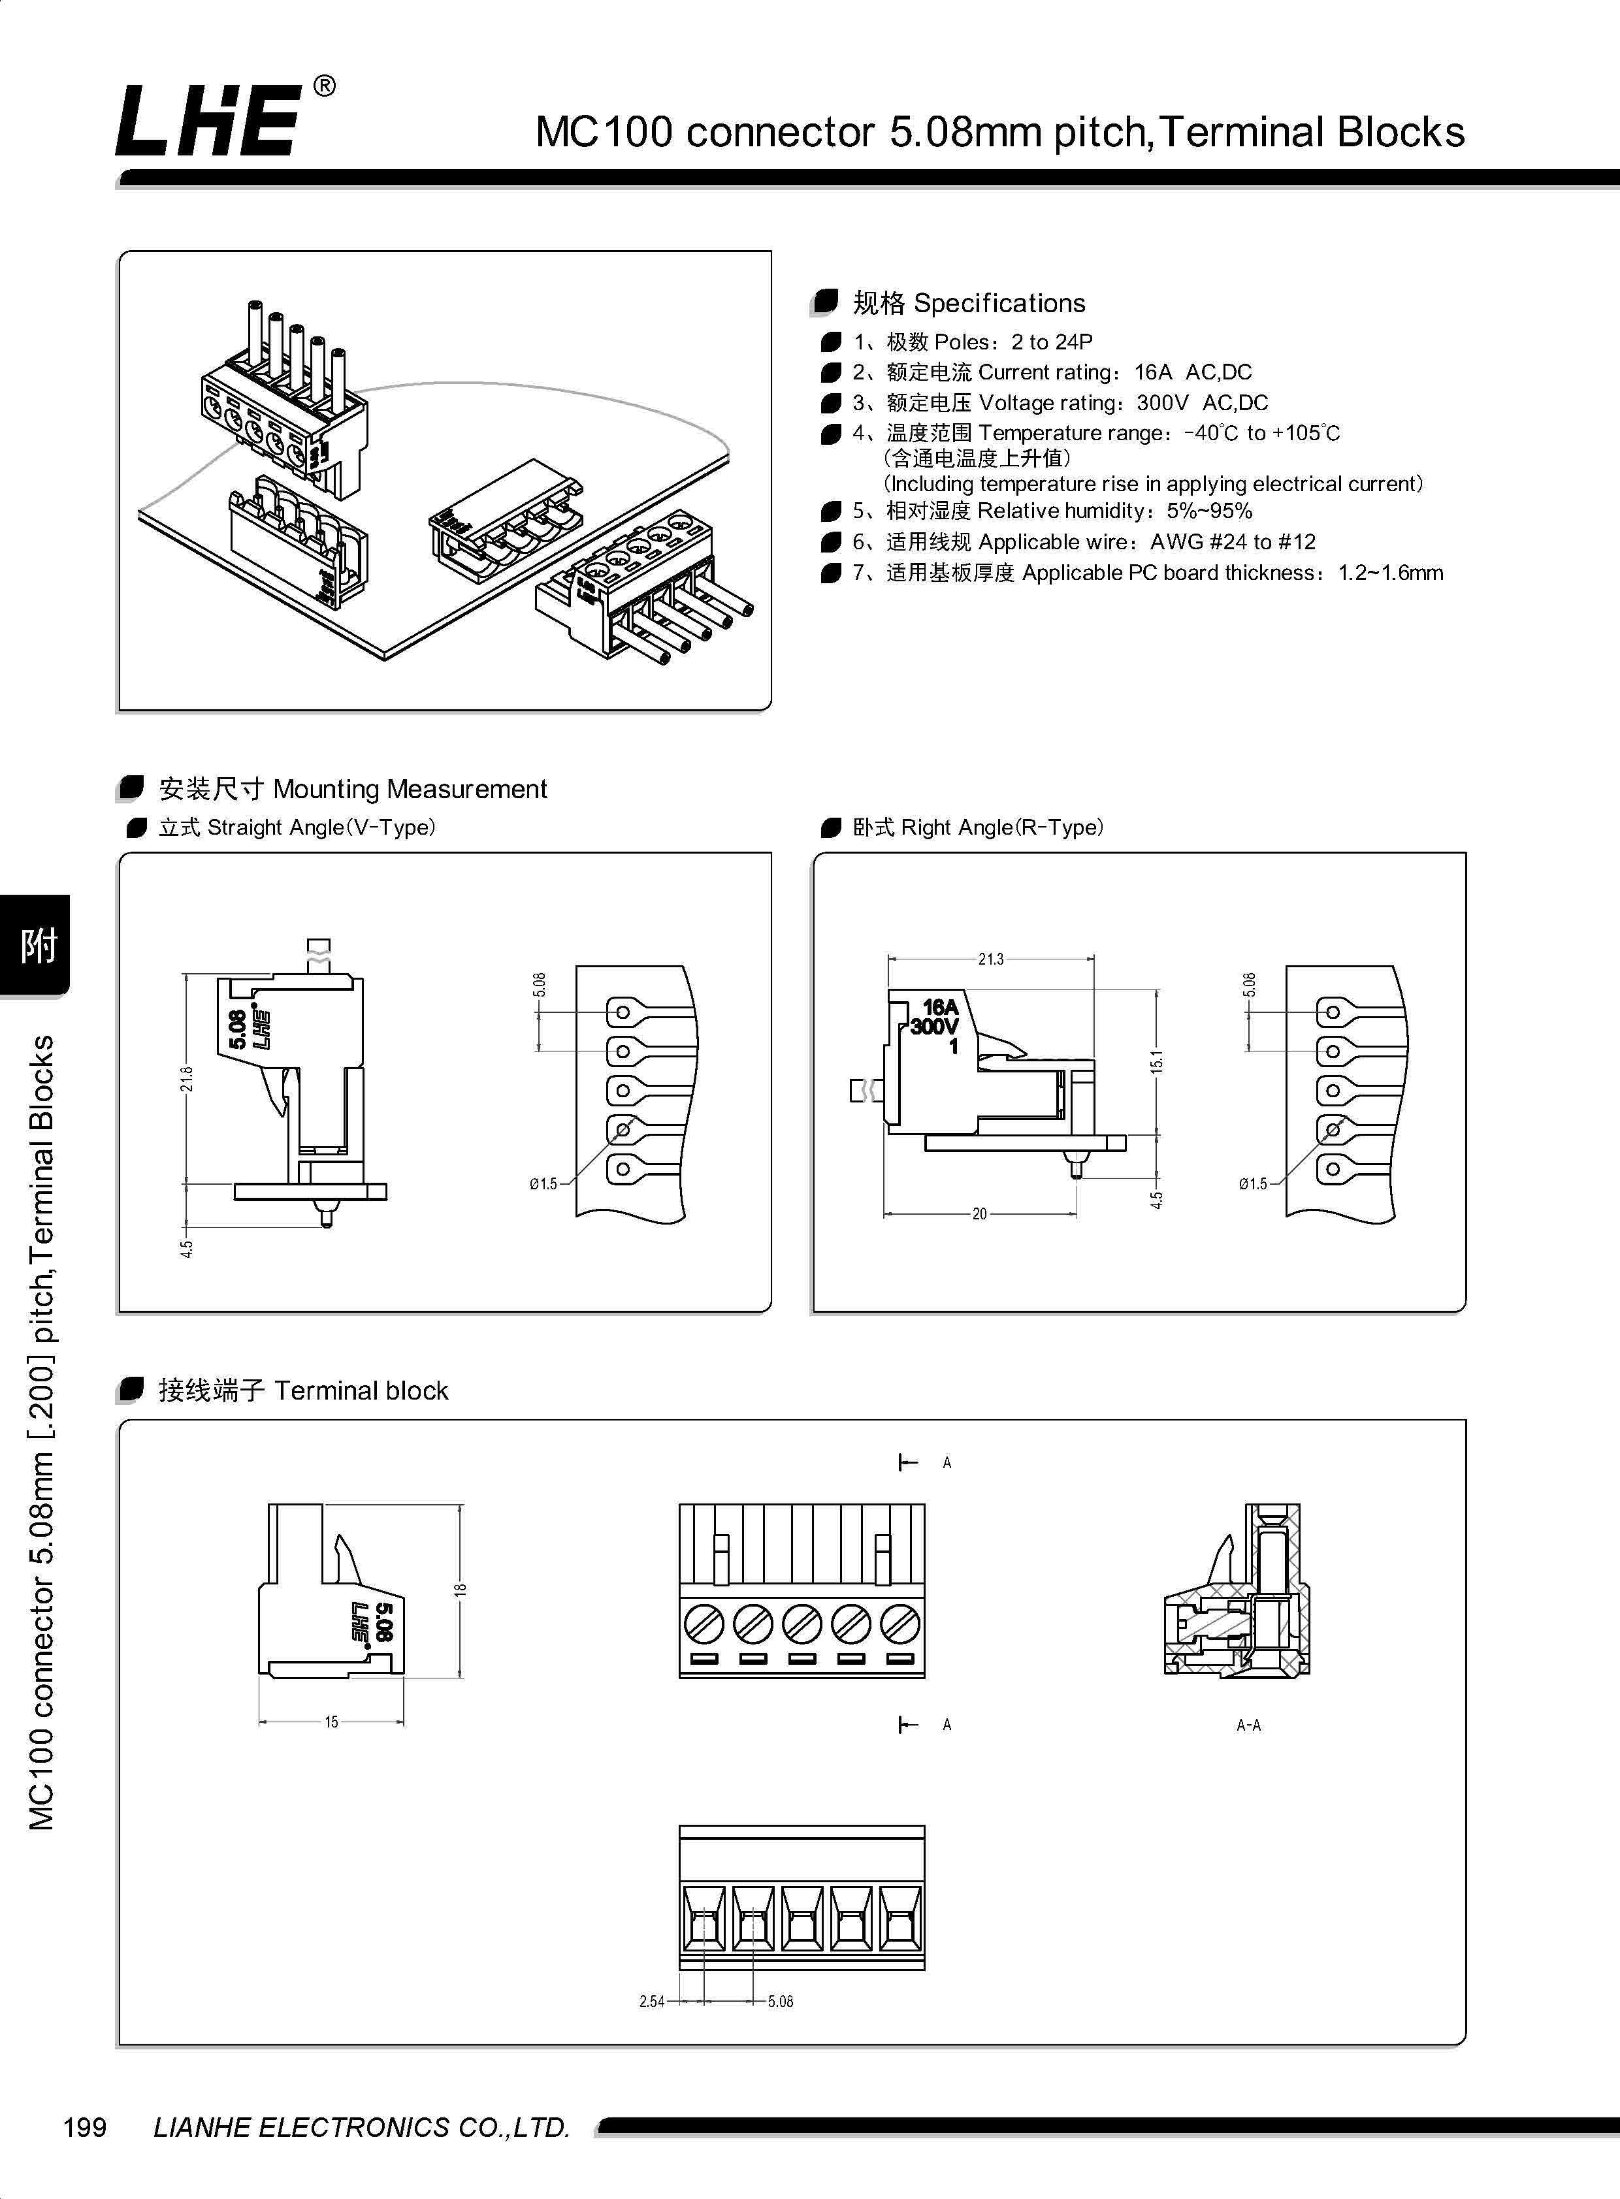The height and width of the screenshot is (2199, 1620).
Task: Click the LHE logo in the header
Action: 208,121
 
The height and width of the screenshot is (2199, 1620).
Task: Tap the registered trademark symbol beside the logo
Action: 323,88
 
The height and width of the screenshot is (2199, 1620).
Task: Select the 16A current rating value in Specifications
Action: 1152,372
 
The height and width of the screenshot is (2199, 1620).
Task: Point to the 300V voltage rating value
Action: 1162,403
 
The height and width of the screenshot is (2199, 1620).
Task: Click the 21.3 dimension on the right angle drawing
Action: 990,959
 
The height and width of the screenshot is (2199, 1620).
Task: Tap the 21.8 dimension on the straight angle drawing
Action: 186,1078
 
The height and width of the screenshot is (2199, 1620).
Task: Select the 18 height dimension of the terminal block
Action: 460,1589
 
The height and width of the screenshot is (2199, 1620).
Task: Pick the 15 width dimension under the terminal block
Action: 331,1722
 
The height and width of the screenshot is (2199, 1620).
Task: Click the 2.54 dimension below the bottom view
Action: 652,2001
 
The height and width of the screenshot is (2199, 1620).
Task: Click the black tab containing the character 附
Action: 37,945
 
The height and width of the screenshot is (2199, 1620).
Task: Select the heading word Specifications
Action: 999,303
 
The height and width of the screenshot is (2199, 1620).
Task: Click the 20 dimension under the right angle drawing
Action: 979,1213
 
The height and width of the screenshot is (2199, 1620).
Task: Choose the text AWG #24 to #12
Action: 1233,542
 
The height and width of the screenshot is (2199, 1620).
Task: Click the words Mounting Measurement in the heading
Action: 410,789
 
